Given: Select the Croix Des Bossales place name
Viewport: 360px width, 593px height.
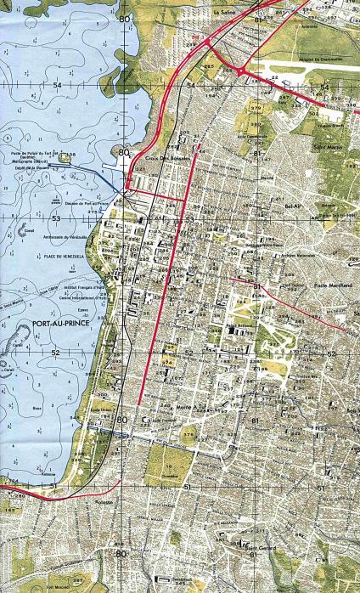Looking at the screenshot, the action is pos(165,158).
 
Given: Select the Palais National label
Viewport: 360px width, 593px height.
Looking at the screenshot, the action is pos(241,324).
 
